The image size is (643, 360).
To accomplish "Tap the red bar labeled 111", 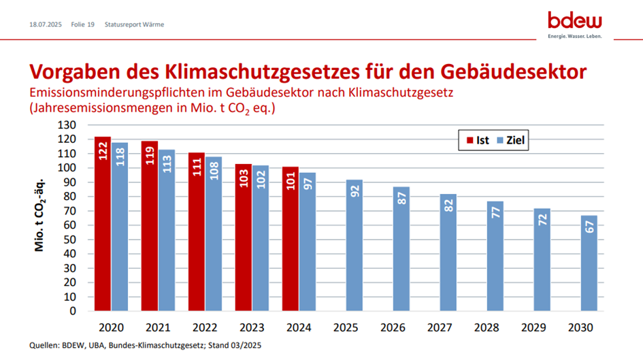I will (196, 231).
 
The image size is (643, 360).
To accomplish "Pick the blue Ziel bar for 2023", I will (260, 238).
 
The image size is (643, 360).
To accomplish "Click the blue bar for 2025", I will (354, 245).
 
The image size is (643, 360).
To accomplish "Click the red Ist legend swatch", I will (469, 141).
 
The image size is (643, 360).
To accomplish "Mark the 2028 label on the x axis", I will (487, 328).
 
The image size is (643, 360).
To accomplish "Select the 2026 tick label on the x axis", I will (393, 328).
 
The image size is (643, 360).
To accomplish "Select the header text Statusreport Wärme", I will (134, 24).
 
